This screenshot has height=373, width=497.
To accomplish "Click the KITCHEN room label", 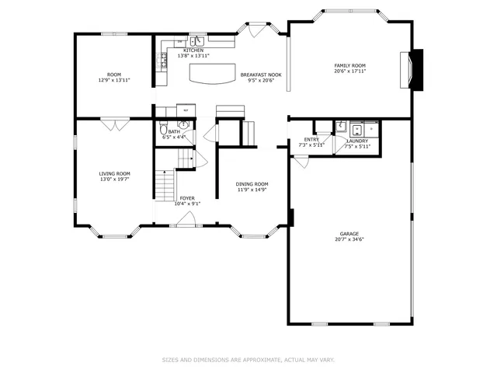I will coord(193,51).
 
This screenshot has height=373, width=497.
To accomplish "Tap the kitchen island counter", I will coord(210,72).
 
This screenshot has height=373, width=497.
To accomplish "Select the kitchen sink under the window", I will coord(197,41).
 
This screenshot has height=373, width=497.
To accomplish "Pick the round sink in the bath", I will coord(184,124).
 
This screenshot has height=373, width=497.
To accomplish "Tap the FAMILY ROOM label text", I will coord(349,65).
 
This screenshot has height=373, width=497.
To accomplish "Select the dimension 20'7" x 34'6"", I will coord(349,239).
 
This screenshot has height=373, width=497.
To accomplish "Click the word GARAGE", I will coord(349,234).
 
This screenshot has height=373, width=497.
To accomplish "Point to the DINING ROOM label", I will coord(252,184).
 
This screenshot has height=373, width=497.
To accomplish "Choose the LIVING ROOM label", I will coord(114,173).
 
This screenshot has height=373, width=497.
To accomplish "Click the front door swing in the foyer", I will coord(186,220).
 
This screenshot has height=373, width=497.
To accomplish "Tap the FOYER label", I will coord(187,198).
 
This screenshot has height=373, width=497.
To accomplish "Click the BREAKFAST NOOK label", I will coord(261,75).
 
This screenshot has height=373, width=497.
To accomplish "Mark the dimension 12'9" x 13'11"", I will coord(114,80).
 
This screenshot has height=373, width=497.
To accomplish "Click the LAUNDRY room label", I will coord(357,141).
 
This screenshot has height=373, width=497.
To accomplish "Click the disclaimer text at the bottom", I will coord(248,360).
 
